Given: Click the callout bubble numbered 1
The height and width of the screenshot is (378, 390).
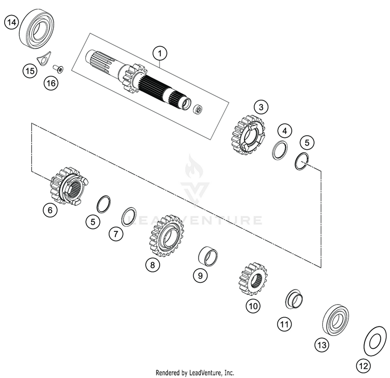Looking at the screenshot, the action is (161, 53).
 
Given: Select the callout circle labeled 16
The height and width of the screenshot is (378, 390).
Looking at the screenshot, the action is (50, 83).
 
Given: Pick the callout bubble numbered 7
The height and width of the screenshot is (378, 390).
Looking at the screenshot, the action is (115, 234).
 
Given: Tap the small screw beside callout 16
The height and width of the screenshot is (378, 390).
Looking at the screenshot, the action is (58, 68).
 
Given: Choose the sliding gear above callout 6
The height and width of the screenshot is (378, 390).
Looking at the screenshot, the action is (69, 185).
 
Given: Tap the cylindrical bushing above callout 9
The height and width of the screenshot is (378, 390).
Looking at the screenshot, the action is (208, 255).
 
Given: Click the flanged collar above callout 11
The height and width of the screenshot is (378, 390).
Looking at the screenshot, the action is (294, 300).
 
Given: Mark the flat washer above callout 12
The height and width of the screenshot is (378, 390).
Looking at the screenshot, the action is (373, 341).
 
